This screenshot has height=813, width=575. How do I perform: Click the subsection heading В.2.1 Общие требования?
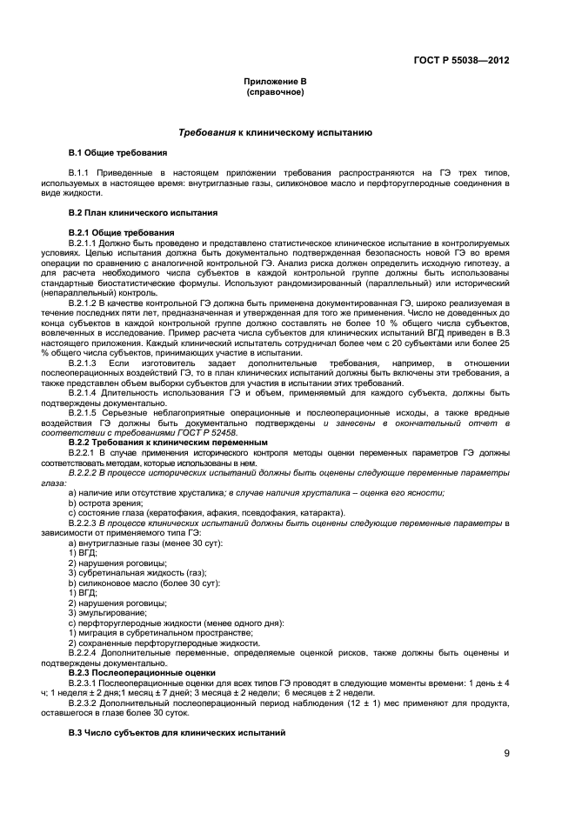pyautogui.click(x=121, y=233)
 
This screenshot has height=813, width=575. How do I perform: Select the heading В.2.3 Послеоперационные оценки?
pyautogui.click(x=137, y=671)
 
